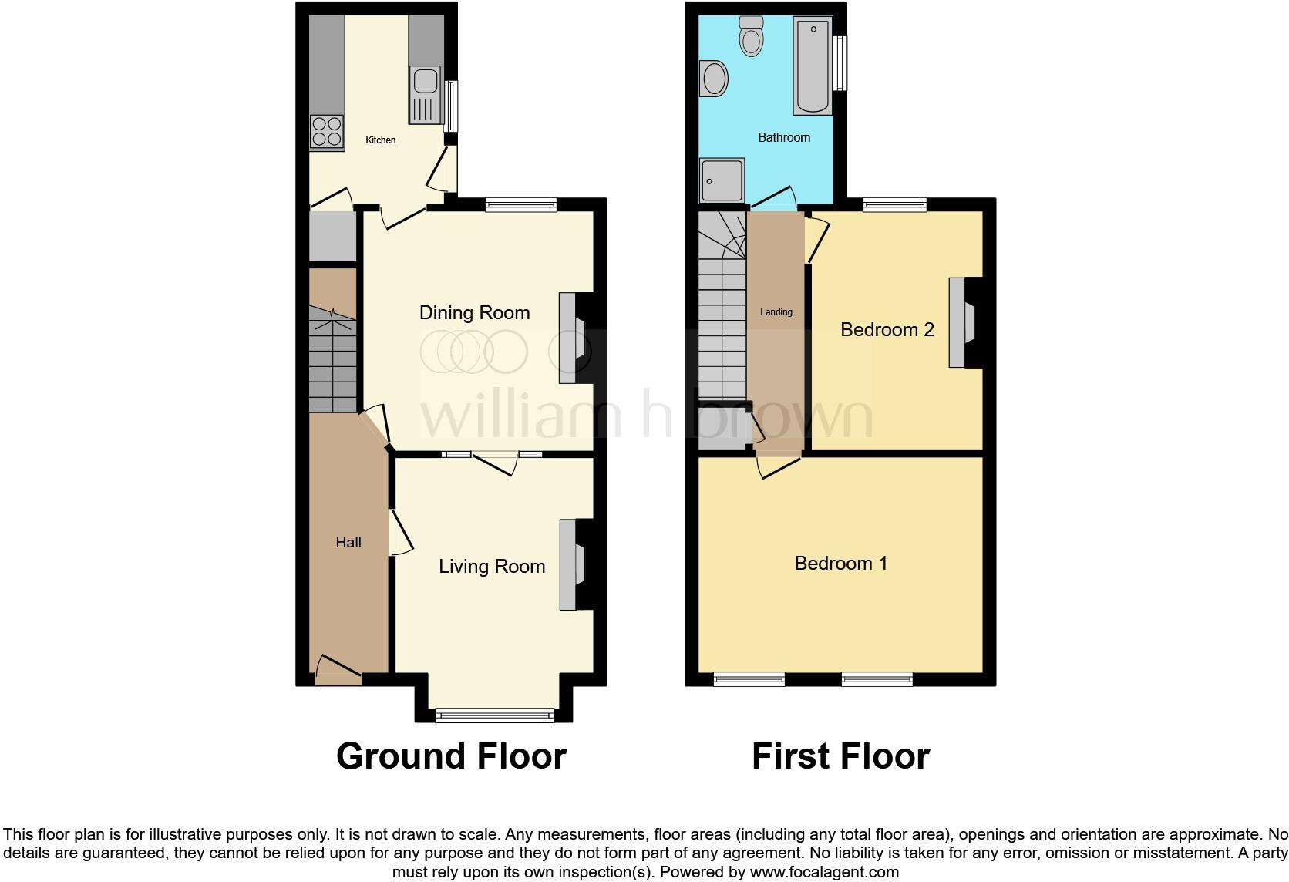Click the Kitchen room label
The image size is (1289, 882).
pyautogui.click(x=380, y=140)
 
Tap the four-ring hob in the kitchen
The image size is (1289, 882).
pyautogui.click(x=326, y=131)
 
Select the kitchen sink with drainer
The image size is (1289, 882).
pyautogui.click(x=425, y=96)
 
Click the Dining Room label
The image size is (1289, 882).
pyautogui.click(x=474, y=313)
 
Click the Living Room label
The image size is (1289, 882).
pyautogui.click(x=492, y=567)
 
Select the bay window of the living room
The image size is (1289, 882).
pyautogui.click(x=494, y=715)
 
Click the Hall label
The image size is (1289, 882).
pyautogui.click(x=348, y=543)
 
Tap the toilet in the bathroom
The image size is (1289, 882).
pyautogui.click(x=751, y=35)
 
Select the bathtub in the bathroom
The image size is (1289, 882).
pyautogui.click(x=813, y=67)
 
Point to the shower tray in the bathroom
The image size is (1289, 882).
pyautogui.click(x=722, y=180)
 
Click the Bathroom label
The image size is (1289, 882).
pyautogui.click(x=784, y=138)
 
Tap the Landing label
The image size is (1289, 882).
pyautogui.click(x=776, y=312)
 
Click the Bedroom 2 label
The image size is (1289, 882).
pyautogui.click(x=887, y=330)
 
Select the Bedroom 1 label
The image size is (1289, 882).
pyautogui.click(x=840, y=564)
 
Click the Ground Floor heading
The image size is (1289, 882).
pyautogui.click(x=451, y=756)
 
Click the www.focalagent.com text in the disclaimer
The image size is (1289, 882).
pyautogui.click(x=823, y=873)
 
